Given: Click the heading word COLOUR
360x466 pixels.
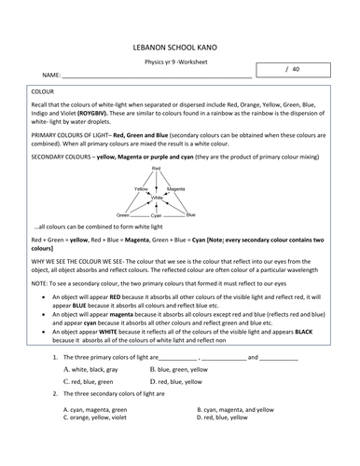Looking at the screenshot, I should pyautogui.click(x=43, y=93).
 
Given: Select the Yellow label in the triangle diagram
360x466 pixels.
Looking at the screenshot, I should pyautogui.click(x=141, y=188).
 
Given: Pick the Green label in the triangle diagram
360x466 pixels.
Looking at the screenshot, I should pyautogui.click(x=123, y=214).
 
